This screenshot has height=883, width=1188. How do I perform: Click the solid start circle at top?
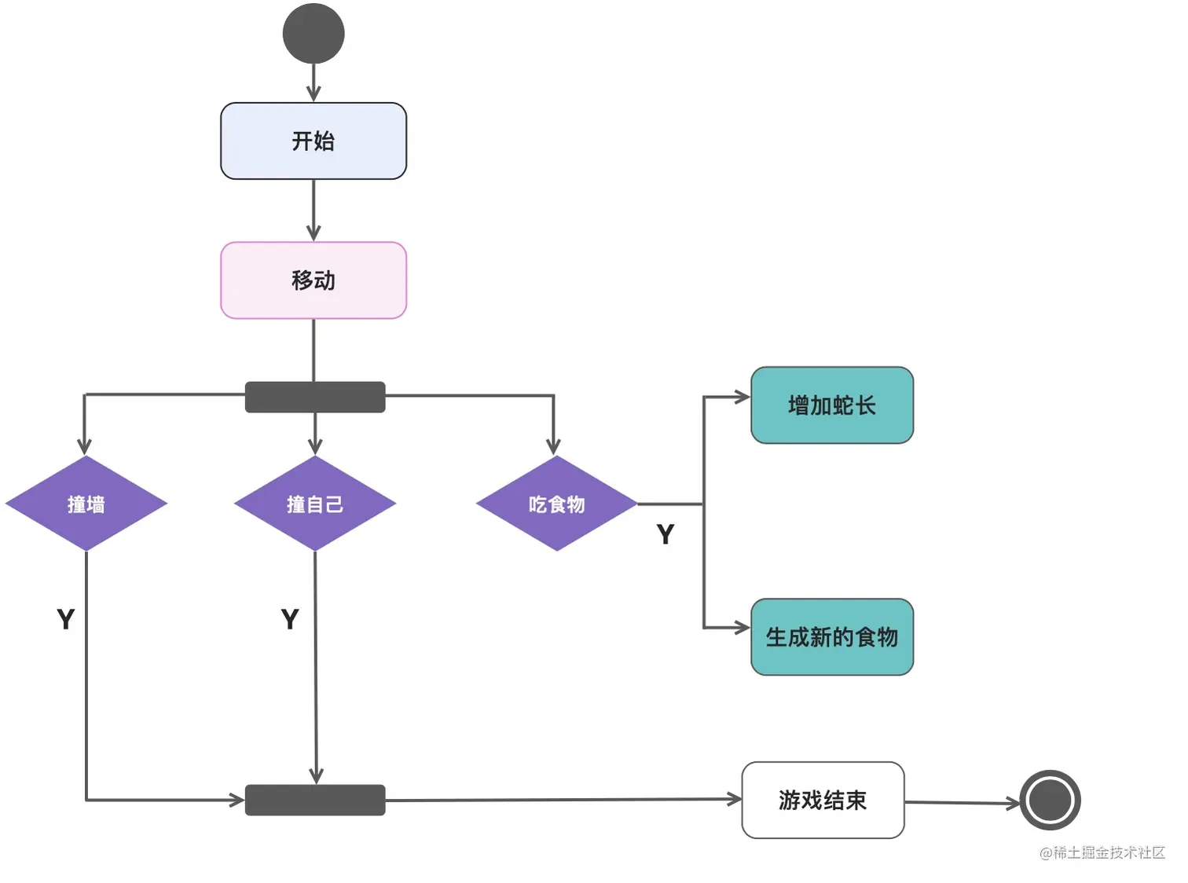coord(313,34)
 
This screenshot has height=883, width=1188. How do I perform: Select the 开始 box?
coord(313,141)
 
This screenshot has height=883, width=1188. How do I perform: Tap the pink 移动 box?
coord(313,280)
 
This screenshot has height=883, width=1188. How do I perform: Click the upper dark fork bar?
coord(315,397)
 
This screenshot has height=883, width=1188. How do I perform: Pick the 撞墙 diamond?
coord(86,504)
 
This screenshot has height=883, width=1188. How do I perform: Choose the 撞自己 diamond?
coord(315,504)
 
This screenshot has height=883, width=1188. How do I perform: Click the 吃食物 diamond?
coord(557,504)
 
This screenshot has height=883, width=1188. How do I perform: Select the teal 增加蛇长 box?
coord(832,405)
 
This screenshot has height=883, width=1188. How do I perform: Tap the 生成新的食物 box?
coord(832,637)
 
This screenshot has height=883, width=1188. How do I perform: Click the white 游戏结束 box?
coord(823,800)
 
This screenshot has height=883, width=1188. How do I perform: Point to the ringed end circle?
coord(1050,801)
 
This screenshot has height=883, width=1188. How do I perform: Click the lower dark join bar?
coord(315,800)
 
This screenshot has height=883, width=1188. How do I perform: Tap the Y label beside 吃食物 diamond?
coord(665,534)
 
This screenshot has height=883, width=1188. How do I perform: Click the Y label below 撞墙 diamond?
coord(66,619)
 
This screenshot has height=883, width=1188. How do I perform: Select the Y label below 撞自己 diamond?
coord(290,619)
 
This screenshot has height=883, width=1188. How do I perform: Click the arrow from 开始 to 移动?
coord(313,211)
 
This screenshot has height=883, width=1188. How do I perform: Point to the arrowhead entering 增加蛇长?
coord(742,397)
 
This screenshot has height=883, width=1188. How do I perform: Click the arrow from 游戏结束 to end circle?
coord(962,802)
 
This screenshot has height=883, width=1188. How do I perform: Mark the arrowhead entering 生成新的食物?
coord(742,628)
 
